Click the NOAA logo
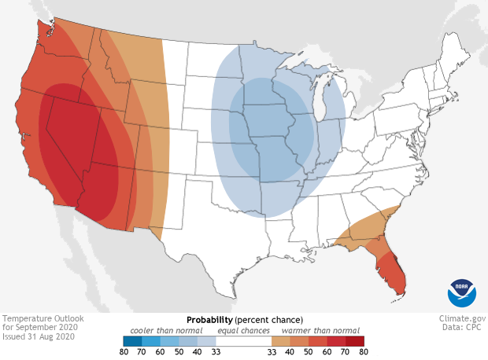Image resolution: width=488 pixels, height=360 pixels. [461, 292]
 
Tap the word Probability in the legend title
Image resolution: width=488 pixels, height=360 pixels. [209, 320]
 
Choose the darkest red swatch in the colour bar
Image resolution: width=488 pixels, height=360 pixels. [355, 341]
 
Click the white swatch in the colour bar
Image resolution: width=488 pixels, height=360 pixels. [243, 341]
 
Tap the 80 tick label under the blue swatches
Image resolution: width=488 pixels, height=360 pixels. [124, 353]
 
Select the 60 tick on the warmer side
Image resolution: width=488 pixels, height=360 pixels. [326, 353]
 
